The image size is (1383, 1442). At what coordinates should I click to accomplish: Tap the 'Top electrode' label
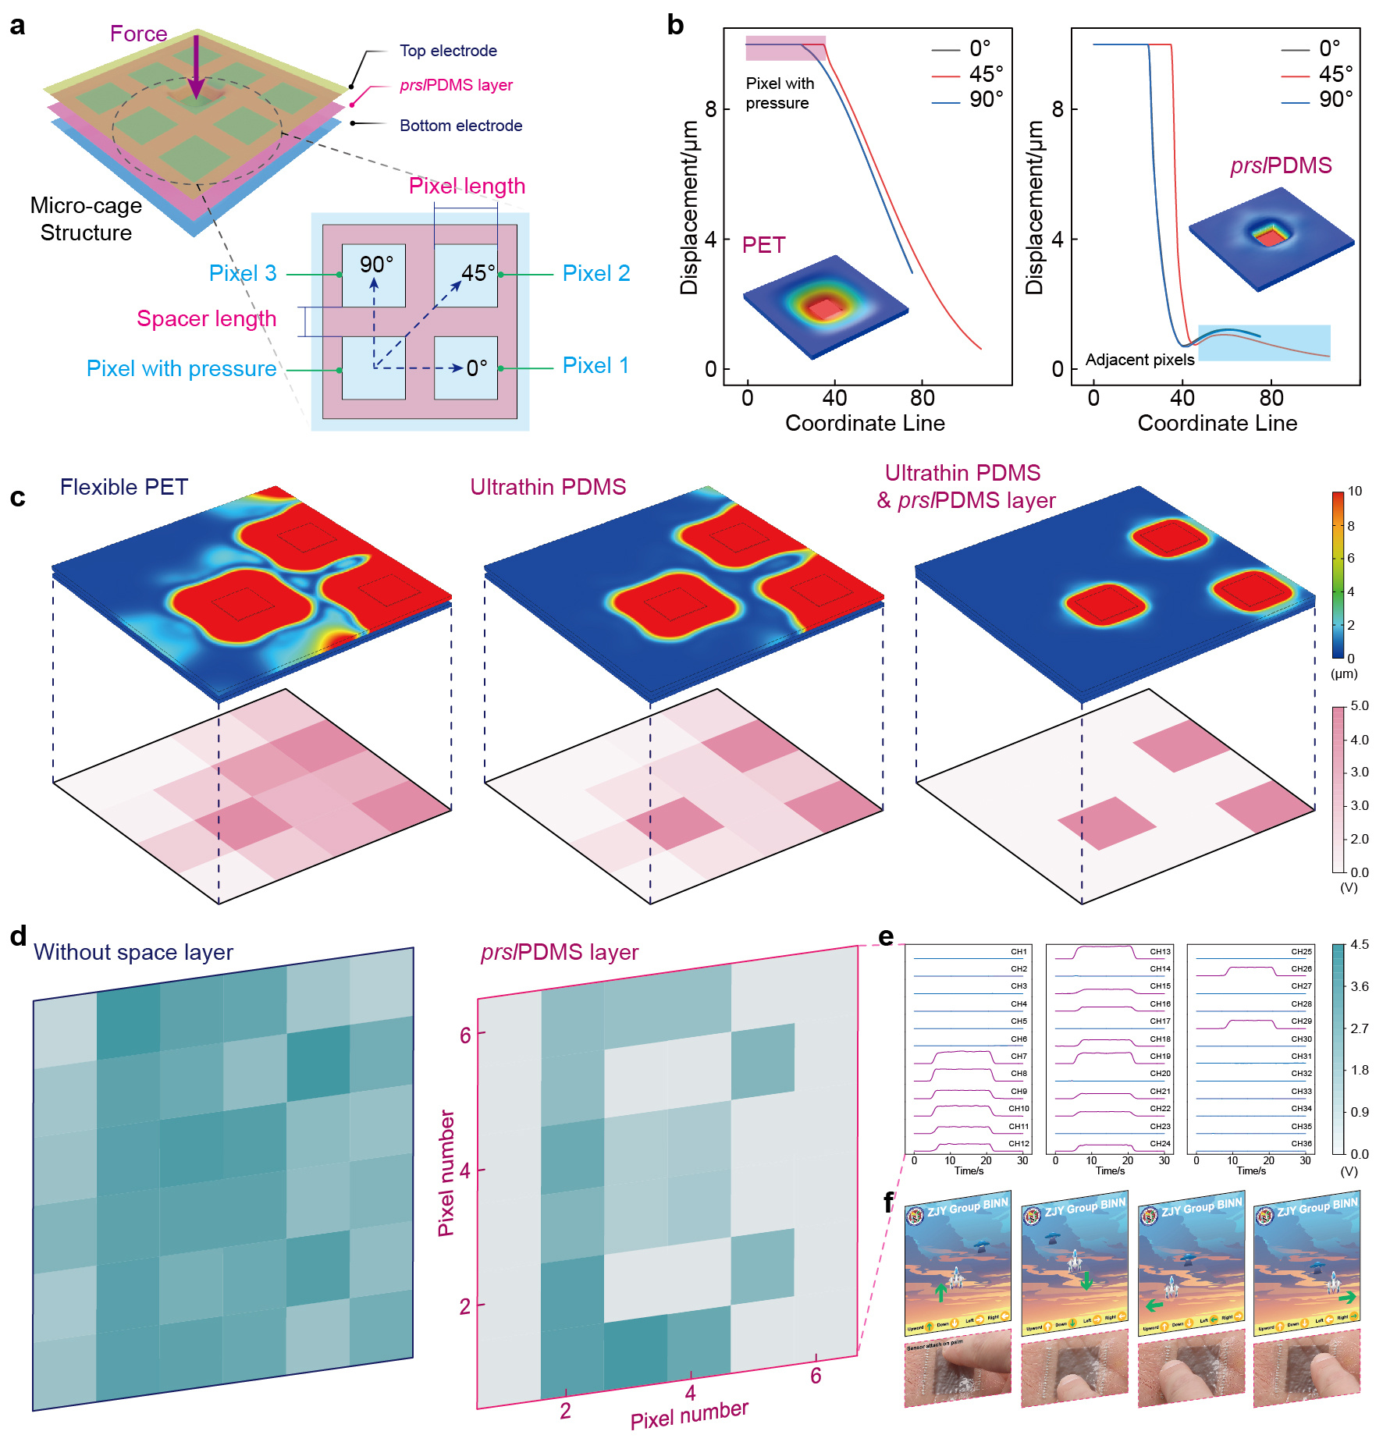click(448, 51)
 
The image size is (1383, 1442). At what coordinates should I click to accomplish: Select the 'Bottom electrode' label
click(460, 126)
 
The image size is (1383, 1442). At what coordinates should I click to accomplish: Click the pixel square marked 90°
click(374, 274)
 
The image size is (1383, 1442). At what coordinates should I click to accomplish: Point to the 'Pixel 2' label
click(596, 273)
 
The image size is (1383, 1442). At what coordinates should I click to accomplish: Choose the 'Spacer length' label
click(206, 318)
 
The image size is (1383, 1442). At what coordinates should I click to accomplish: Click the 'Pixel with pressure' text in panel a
click(181, 368)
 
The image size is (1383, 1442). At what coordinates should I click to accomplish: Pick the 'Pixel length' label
click(467, 186)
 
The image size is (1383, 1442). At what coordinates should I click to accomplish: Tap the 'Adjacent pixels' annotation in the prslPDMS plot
click(1139, 360)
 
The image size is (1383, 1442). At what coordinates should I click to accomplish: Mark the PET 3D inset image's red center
click(824, 310)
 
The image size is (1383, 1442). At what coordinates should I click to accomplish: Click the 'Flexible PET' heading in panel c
click(124, 487)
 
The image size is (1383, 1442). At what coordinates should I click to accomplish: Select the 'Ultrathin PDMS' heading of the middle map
click(548, 487)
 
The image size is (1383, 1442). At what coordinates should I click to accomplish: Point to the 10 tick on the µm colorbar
click(1355, 492)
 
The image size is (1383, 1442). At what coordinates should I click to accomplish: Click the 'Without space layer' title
click(133, 952)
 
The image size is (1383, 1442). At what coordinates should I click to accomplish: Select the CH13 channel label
click(1160, 952)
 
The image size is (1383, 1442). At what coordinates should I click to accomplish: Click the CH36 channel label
click(1301, 1144)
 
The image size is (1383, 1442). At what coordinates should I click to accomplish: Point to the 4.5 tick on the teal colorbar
click(1360, 945)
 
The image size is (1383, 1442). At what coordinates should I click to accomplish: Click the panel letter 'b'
click(675, 26)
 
